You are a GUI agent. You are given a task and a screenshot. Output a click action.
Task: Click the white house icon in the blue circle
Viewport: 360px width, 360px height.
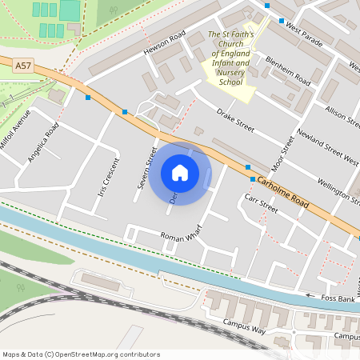click(180, 172)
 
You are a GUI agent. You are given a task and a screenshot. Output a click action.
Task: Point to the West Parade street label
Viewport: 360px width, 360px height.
click(303, 33)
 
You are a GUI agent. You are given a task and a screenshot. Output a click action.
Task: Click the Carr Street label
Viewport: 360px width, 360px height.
click(261, 203)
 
